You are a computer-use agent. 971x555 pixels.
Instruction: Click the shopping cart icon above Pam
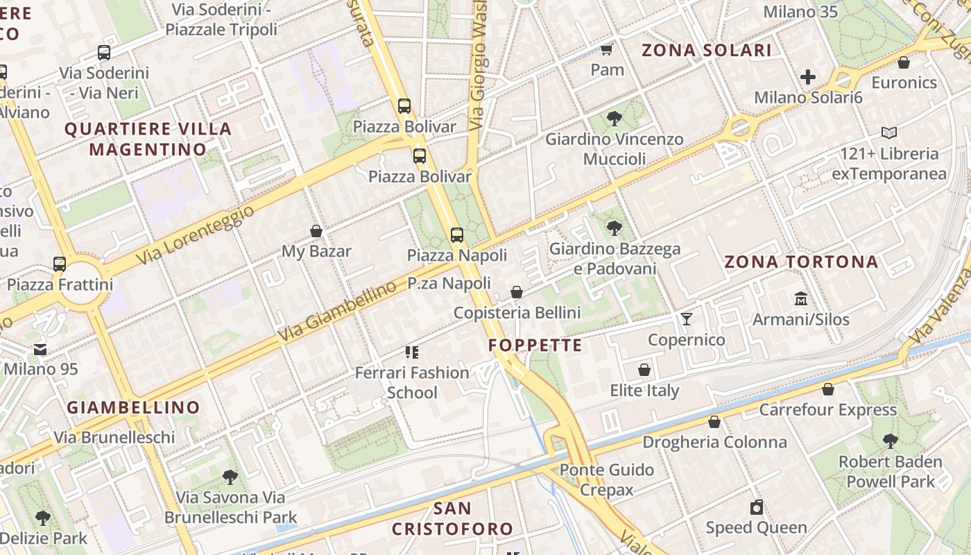point(607,49)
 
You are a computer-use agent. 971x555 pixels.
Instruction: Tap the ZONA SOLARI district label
point(706,50)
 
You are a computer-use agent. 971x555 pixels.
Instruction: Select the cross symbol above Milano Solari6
point(808,77)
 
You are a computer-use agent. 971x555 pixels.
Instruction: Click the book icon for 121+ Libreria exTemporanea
point(888,133)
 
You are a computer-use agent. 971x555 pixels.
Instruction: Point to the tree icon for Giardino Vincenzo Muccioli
point(614,119)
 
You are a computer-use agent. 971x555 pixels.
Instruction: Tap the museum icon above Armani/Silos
point(801,299)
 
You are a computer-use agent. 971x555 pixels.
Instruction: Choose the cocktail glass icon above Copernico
point(687,319)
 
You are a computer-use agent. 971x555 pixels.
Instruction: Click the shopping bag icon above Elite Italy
point(644,370)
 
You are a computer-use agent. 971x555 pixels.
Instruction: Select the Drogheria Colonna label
point(714,442)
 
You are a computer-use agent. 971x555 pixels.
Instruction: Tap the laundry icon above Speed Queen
point(757,507)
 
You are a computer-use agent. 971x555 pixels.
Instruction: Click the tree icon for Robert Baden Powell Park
point(890,441)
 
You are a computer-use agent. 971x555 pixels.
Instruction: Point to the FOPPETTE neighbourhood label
point(535,345)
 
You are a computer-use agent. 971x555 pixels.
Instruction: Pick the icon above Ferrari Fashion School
point(413,352)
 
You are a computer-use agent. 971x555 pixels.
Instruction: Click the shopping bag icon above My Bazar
point(316,231)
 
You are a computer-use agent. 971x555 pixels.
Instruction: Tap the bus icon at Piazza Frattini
point(60,264)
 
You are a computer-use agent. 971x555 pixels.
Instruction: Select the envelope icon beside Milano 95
point(40,350)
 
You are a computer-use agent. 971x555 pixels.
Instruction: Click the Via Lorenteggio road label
point(195,236)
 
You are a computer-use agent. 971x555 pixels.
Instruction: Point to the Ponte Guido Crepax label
point(606,479)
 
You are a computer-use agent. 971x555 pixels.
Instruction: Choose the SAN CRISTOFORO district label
point(452,518)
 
